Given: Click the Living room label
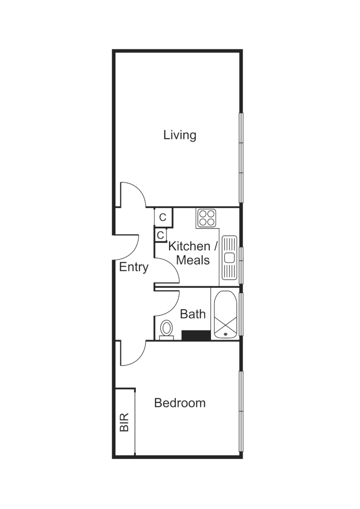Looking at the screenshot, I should [180, 135].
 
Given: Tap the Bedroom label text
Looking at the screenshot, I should [180, 403].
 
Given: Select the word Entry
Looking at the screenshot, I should [133, 267].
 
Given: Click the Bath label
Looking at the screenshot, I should [193, 314].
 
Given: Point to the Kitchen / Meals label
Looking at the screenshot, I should [193, 253].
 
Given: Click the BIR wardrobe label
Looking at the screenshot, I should [124, 422].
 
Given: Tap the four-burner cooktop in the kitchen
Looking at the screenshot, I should [206, 218].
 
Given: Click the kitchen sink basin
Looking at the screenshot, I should [229, 257].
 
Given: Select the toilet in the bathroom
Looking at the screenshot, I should [166, 328].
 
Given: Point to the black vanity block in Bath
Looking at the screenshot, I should [196, 335].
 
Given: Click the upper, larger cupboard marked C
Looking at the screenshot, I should [163, 217].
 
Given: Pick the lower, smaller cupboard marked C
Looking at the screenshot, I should [160, 235].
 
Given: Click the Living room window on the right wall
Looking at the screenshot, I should [241, 157].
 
